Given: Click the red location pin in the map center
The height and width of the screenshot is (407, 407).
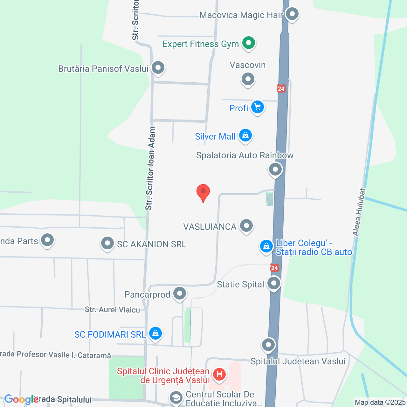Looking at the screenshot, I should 203,192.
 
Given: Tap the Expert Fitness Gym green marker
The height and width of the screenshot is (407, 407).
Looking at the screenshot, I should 249,43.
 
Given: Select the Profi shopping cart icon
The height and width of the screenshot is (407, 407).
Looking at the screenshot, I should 257,107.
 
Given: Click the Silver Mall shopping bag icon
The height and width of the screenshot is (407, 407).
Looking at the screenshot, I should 245,135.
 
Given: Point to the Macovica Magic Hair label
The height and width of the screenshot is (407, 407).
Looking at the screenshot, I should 241,15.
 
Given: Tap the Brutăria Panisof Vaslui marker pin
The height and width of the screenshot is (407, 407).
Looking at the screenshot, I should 158,67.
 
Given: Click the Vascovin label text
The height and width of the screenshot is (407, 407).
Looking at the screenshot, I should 247,65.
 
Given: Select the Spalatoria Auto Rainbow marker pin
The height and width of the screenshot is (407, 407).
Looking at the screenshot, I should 275,169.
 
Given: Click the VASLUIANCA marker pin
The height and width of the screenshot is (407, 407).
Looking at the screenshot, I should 246,226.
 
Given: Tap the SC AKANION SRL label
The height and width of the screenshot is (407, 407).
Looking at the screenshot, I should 151,244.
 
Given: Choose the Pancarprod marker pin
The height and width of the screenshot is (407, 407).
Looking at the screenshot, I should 180,293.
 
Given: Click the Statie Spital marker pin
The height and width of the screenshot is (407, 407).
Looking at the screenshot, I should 274,283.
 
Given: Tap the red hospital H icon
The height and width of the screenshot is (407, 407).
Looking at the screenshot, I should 219,374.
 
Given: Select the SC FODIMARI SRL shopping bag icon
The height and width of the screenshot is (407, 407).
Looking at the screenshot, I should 155,333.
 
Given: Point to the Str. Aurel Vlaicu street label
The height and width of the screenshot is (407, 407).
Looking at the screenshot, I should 112,310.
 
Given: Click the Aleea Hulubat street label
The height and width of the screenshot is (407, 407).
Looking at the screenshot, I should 359,212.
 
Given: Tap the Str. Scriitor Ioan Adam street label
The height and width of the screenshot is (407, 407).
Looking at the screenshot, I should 150,169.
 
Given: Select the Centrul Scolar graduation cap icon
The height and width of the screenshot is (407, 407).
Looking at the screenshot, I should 176,397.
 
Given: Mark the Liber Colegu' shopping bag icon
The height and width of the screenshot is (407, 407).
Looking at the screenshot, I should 266,246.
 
